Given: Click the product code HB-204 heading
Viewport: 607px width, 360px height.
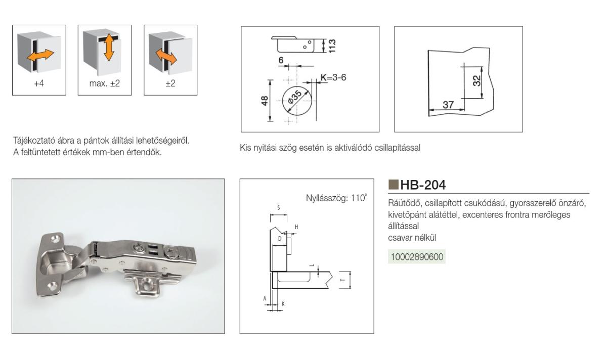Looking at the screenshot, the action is (423, 185).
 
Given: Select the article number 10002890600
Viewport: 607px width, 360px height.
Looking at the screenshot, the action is (417, 256).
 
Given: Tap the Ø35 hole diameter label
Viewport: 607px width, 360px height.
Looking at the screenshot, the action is (294, 97).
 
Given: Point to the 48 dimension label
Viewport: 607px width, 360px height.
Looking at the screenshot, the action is (265, 101).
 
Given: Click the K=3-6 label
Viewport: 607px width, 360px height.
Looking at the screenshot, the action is (333, 77).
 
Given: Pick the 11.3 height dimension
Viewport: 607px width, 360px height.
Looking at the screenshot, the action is (332, 46).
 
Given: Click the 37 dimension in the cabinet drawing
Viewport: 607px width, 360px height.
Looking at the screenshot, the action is (448, 105).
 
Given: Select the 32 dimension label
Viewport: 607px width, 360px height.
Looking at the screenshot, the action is (476, 80).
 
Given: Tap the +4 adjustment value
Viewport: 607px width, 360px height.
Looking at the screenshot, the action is (39, 83).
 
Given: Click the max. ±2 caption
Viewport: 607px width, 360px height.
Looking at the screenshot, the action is (105, 83).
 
